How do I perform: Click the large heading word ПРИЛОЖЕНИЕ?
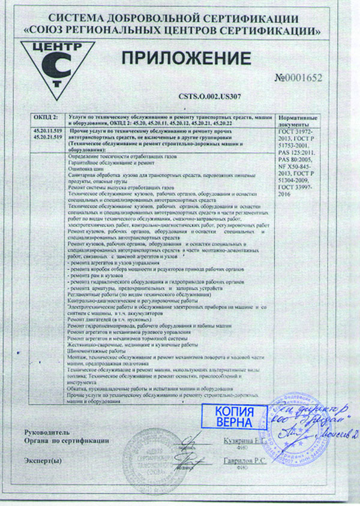(187, 58)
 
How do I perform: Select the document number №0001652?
(298, 79)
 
